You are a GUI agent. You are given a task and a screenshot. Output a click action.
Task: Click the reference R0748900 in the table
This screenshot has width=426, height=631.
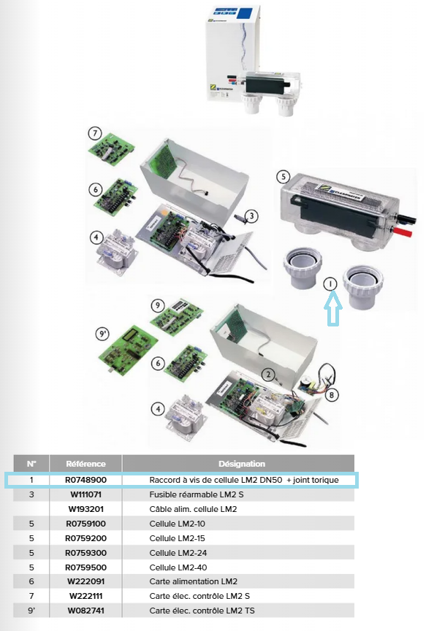tap(85, 480)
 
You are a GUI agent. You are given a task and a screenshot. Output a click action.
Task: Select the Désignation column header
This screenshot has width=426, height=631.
tap(242, 464)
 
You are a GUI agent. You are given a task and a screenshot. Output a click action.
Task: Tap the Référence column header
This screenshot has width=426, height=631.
tap(85, 464)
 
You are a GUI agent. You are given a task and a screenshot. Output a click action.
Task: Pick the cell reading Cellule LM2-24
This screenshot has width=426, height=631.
tap(178, 553)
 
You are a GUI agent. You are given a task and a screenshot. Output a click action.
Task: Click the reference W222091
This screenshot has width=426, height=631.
tap(85, 581)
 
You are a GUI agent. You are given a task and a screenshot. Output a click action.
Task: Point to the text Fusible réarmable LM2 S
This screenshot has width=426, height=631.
tap(197, 494)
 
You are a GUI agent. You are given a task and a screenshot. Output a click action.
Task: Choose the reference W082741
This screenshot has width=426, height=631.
tap(85, 611)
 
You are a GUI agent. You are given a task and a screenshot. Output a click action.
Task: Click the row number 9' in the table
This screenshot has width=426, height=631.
tap(31, 611)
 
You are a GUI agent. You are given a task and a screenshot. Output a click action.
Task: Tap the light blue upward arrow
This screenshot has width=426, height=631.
tap(333, 309)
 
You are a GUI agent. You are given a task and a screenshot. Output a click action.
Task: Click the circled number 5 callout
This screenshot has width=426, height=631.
tap(284, 177)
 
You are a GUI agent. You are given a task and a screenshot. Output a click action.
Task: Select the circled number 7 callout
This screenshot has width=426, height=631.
tap(95, 133)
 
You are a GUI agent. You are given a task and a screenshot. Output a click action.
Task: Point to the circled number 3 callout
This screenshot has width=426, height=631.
tap(251, 216)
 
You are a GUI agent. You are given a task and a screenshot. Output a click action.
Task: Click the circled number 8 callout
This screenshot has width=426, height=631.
tap(332, 395)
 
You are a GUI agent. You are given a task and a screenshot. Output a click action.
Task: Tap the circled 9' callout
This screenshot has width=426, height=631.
tap(103, 334)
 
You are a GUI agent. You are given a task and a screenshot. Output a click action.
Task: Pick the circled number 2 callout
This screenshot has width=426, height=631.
tap(268, 375)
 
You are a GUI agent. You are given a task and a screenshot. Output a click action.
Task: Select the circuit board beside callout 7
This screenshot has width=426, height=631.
tap(112, 149)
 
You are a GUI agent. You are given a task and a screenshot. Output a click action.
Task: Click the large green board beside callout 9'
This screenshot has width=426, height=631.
tap(128, 350)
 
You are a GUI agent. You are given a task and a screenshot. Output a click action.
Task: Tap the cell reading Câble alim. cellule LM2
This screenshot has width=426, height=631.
tap(193, 509)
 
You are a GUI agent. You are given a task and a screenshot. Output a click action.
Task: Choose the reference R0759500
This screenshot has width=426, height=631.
tap(85, 567)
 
